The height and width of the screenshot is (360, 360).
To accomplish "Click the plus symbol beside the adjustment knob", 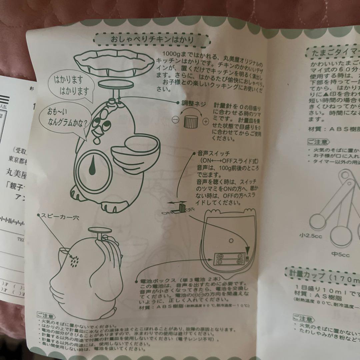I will (205, 121).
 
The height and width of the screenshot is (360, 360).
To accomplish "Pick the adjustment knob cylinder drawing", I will (190, 121).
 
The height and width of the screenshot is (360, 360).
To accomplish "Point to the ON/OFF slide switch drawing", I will (182, 208).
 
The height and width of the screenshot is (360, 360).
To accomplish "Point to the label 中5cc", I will (340, 255).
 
